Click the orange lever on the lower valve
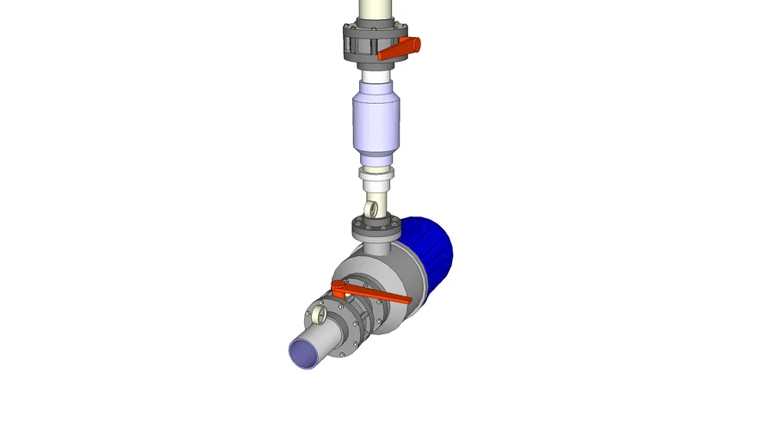(378, 298)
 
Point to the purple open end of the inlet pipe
(303, 351)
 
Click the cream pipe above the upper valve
(373, 11)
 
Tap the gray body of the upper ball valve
(361, 43)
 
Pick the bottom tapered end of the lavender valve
(374, 160)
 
